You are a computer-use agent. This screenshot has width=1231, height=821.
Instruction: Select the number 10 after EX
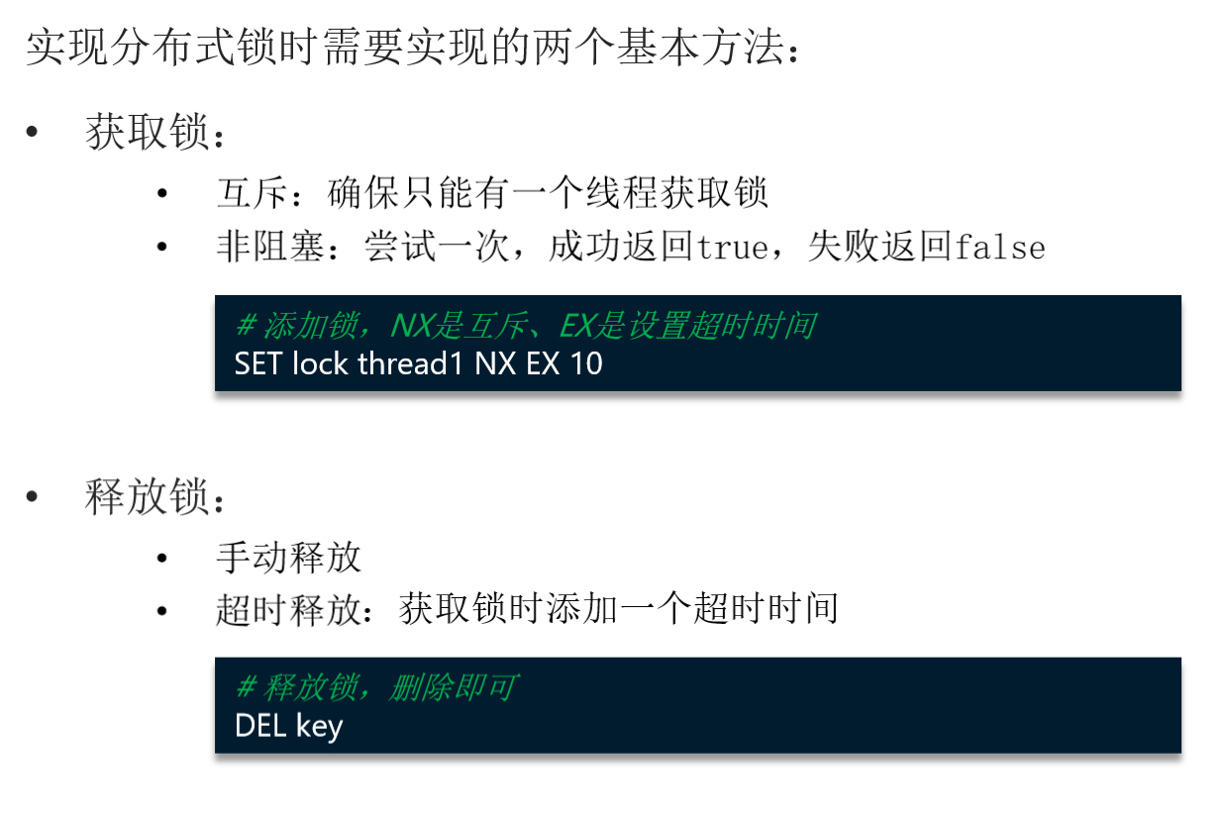(586, 363)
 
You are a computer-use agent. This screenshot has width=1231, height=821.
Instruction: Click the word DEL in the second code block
(260, 726)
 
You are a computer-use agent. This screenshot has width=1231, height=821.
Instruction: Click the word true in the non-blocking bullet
(732, 247)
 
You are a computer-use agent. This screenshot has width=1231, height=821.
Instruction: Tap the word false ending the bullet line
(999, 247)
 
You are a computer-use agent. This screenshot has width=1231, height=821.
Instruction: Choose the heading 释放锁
(148, 497)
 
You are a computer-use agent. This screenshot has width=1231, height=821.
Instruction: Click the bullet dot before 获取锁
(33, 133)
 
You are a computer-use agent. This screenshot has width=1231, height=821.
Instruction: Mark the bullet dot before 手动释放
(162, 558)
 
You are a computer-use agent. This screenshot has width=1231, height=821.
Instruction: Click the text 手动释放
(289, 558)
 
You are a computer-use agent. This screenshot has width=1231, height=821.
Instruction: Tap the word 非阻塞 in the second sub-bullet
(270, 247)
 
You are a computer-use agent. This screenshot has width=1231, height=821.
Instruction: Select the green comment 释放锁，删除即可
(376, 687)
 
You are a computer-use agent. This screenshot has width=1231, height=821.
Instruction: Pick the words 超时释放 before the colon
(288, 608)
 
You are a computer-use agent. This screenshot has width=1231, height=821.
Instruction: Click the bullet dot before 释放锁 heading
(33, 496)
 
